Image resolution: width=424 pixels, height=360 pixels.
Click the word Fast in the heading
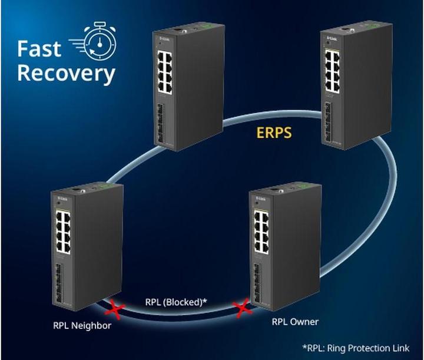click(x=39, y=48)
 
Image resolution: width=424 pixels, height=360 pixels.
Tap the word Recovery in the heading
click(x=66, y=74)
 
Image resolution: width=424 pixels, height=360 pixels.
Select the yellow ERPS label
click(x=274, y=132)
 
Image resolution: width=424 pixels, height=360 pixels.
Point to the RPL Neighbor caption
click(x=82, y=325)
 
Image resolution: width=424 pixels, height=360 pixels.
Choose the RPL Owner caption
click(x=295, y=322)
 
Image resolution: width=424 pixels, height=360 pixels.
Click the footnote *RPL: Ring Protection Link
click(x=355, y=348)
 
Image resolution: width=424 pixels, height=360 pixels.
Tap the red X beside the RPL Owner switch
click(x=240, y=306)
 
